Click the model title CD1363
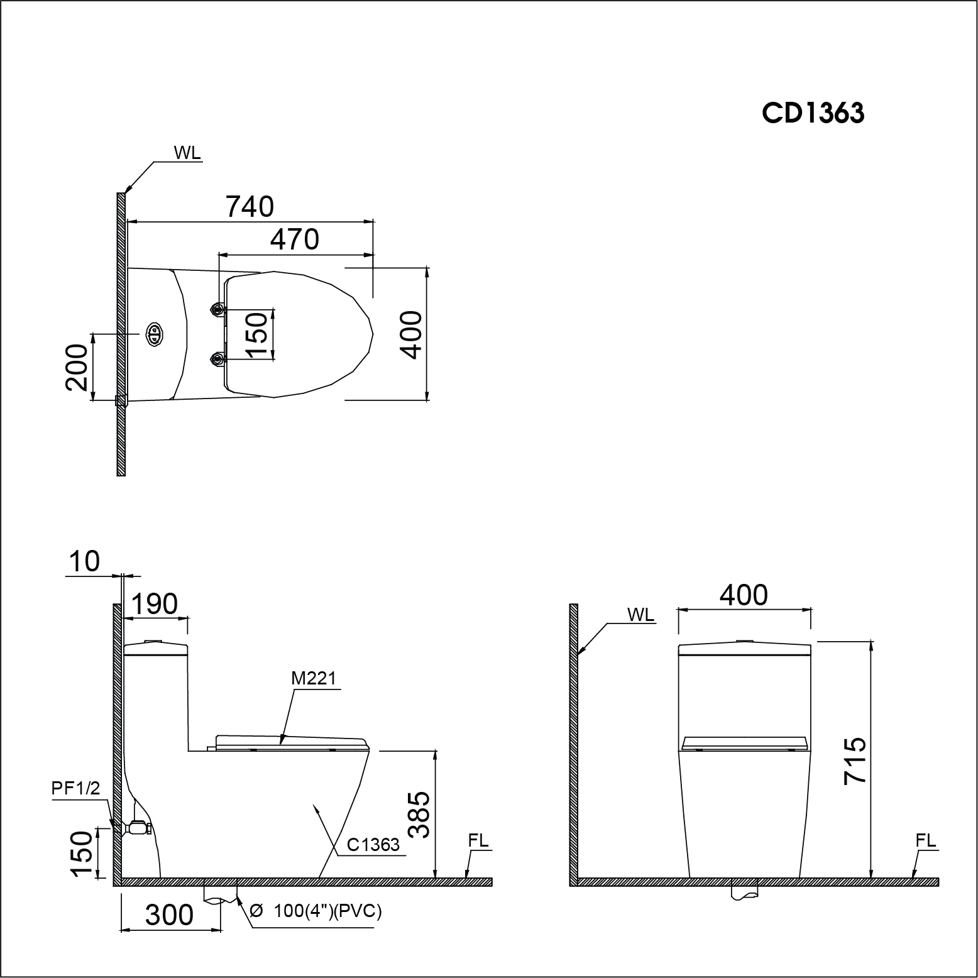click(x=813, y=113)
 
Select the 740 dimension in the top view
click(x=250, y=207)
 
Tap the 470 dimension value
click(x=294, y=239)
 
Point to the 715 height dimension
click(x=856, y=760)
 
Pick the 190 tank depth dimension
click(x=154, y=604)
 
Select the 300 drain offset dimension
click(x=169, y=915)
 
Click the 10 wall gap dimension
click(x=84, y=561)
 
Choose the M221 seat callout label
click(x=314, y=678)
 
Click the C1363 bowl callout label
click(x=373, y=844)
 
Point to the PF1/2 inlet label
click(x=76, y=789)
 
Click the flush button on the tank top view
click(x=154, y=334)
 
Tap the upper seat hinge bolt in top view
click(x=217, y=309)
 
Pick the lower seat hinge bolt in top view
click(x=217, y=359)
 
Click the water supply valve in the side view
click(x=138, y=828)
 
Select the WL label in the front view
click(x=640, y=615)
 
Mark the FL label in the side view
click(x=478, y=840)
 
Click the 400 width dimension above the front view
click(x=744, y=595)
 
